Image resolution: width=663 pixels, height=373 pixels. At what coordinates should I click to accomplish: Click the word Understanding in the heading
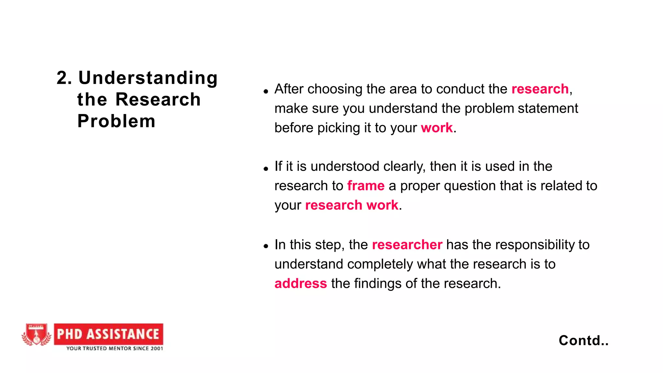(148, 78)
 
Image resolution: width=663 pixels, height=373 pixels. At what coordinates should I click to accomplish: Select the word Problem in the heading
(117, 121)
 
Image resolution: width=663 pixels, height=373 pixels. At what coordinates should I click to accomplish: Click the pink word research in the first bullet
(540, 89)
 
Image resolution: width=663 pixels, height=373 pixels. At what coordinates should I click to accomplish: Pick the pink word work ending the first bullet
(436, 128)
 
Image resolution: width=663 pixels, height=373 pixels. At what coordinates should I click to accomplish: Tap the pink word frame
(365, 186)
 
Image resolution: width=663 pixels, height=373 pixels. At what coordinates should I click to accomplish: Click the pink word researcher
(407, 245)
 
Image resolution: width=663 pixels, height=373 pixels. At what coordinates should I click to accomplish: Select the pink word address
(300, 284)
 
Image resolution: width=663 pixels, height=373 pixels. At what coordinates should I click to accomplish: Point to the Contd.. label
(583, 341)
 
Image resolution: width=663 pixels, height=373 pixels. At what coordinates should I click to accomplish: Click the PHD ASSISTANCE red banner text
(108, 334)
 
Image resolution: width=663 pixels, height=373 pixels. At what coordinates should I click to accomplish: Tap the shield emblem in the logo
(36, 335)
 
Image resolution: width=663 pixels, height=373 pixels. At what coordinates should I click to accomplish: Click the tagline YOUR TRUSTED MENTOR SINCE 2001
(115, 348)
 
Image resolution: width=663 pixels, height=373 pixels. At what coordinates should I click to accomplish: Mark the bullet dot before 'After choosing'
(266, 91)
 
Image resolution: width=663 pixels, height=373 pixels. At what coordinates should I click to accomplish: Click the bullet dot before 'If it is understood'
(266, 169)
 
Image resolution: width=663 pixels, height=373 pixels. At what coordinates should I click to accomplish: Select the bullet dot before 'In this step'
(266, 246)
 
